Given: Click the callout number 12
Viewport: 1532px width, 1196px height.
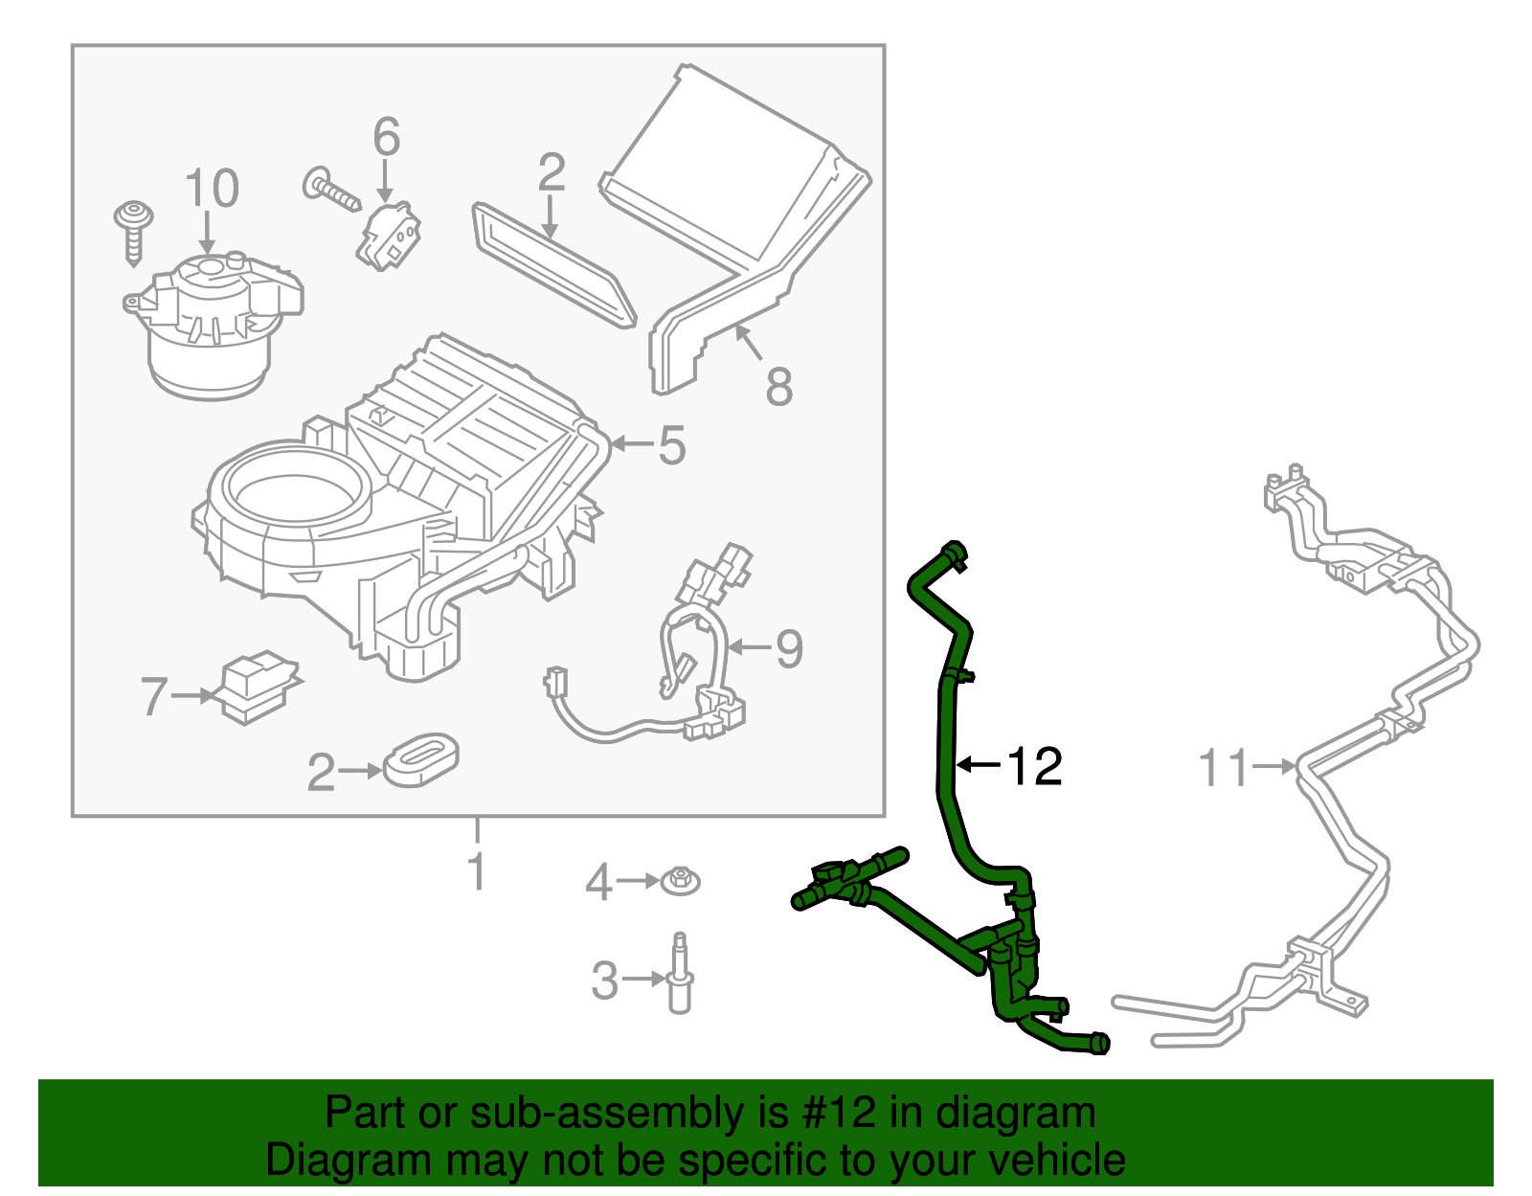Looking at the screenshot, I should pos(1035,766).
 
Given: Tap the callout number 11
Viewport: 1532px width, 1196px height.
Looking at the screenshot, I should pos(1225,768).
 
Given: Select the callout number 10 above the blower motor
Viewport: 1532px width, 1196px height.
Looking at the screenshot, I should pos(211,189).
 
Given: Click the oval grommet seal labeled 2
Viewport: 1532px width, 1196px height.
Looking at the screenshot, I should pos(420,761).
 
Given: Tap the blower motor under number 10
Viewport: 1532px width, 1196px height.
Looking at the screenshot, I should pos(211,326).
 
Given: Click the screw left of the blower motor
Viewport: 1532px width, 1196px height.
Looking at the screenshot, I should pos(133,230).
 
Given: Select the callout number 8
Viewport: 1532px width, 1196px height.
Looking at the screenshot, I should pos(779,387).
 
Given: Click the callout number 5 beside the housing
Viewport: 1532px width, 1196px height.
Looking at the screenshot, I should pos(671,446).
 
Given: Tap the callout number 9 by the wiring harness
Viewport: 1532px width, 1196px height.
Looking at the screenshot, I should pos(789,649).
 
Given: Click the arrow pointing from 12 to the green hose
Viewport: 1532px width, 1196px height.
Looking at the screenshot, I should pos(979,764).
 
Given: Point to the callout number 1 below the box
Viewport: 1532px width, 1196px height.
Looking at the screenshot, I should pos(477,871).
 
